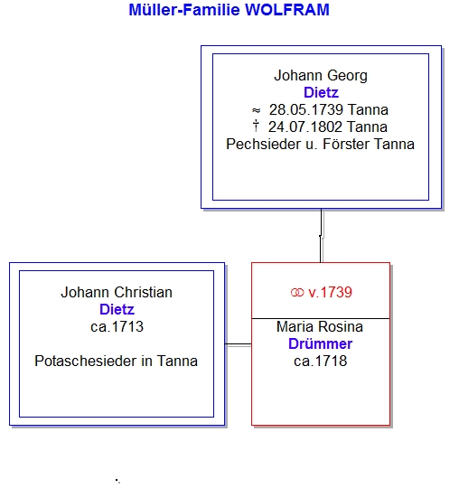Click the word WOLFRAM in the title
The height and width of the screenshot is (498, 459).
[287, 10]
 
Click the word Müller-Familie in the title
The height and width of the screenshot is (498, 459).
[184, 10]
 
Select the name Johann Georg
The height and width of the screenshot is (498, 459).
[321, 76]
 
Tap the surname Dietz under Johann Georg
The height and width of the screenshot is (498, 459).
[321, 92]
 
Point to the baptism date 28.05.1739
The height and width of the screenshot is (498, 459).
[306, 110]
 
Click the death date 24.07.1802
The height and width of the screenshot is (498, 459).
[305, 127]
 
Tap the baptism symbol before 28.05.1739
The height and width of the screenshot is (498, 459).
[257, 110]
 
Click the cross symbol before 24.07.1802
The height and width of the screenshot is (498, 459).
[256, 126]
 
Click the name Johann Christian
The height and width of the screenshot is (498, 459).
[117, 293]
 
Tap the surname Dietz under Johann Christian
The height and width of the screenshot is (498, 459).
[117, 309]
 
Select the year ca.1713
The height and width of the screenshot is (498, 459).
[117, 327]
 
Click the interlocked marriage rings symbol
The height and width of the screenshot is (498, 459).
[297, 293]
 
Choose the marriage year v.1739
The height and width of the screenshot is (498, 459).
[330, 293]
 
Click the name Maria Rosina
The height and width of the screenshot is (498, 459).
[320, 327]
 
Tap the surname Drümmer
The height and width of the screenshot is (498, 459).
[320, 344]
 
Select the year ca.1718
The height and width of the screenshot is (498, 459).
[320, 362]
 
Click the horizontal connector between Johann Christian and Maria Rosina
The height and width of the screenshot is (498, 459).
[238, 344]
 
